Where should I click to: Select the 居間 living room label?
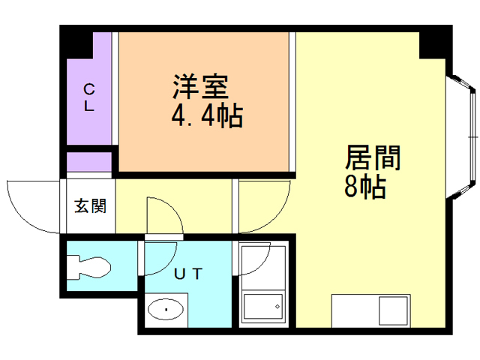coord(373,158)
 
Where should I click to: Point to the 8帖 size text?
coord(365,187)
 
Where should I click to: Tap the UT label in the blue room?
coord(187,274)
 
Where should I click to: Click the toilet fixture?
coord(88,267)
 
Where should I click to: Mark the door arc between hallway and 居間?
coord(267,206)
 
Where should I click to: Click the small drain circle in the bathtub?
coord(277,306)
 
